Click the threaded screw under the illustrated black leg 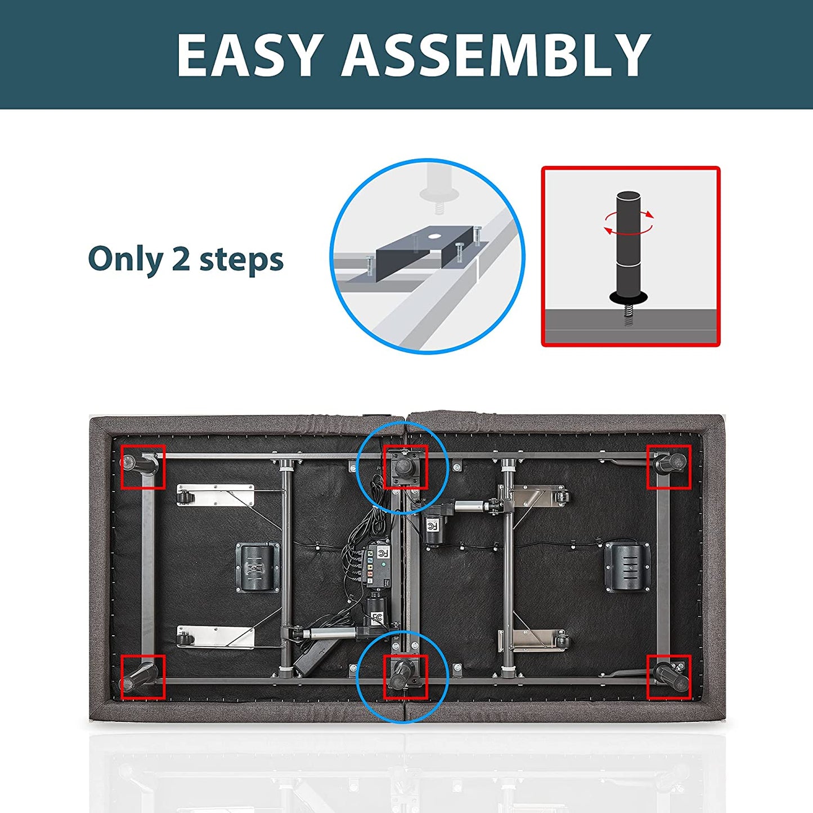click(x=627, y=316)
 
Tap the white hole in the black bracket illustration click(x=433, y=236)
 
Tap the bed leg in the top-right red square click(x=671, y=463)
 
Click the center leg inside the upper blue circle click(x=404, y=466)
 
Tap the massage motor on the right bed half click(x=627, y=567)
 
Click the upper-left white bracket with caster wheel click(x=215, y=494)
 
